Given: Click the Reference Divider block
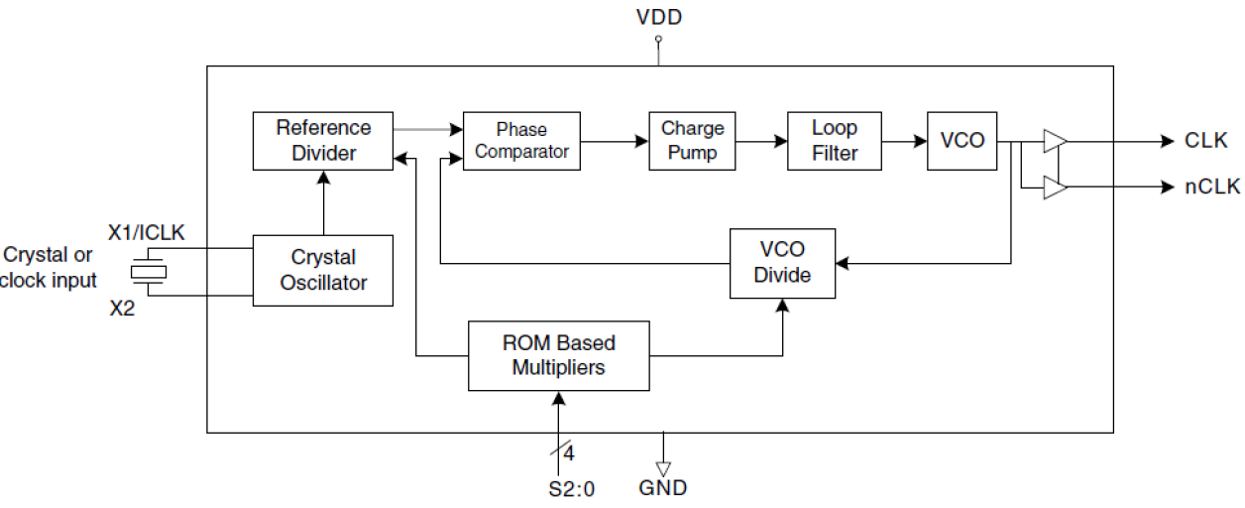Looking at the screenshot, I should (323, 140).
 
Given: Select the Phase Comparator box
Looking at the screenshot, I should (521, 141).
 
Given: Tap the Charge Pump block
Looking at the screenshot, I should (693, 141).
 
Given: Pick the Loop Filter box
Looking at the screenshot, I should (834, 141).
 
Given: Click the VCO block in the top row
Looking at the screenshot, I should (962, 141).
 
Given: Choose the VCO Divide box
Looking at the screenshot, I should (782, 263).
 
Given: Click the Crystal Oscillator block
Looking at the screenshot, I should (323, 270).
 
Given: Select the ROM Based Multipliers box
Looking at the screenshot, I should (558, 355).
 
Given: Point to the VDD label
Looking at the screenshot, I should (658, 17).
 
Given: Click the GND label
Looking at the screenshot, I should (663, 488).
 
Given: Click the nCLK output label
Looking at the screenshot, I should (1211, 187).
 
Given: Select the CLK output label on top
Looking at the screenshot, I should (1206, 141).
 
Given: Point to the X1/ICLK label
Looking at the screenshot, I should (148, 234).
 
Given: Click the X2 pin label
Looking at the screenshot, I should (122, 309).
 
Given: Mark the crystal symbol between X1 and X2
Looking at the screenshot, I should (150, 271).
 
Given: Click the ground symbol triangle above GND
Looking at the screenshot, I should (663, 467).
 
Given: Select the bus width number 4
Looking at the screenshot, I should (569, 454).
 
